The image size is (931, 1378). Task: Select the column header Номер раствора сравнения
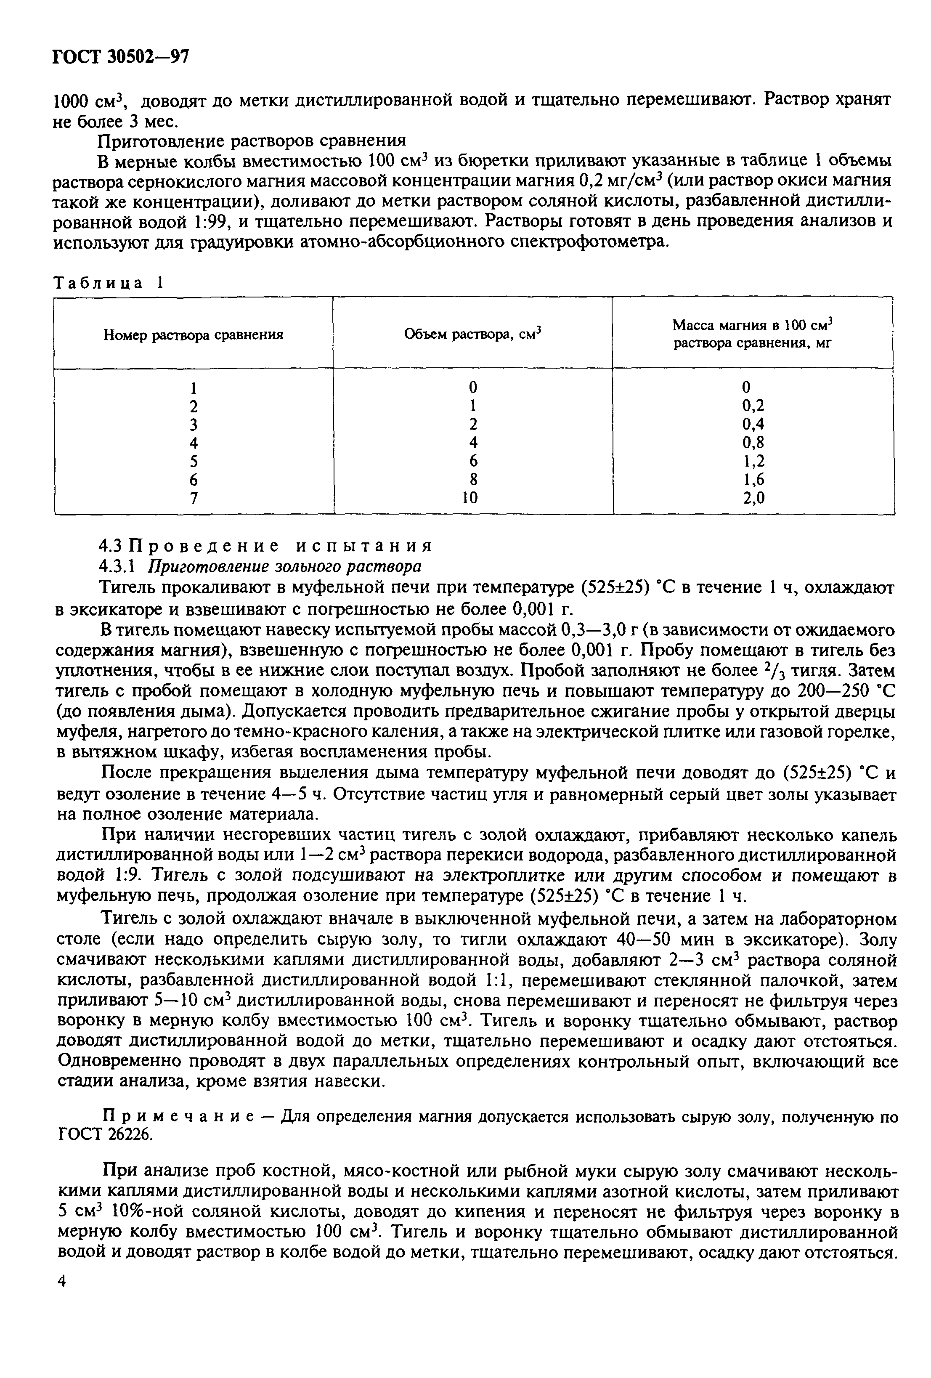click(x=194, y=335)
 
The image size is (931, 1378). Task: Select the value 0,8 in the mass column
click(x=753, y=442)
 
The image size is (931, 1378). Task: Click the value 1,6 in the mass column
click(x=753, y=480)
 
